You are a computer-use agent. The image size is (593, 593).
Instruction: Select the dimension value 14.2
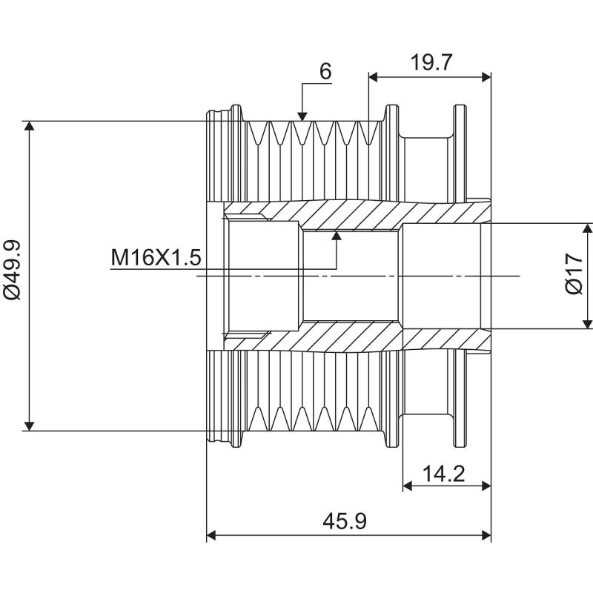445,473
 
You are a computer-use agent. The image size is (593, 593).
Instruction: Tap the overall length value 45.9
345,522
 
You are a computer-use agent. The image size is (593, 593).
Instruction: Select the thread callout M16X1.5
156,258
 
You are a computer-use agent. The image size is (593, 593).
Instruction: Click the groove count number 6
325,71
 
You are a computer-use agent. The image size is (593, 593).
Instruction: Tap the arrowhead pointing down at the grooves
302,115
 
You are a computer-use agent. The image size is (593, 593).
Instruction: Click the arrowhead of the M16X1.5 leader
337,236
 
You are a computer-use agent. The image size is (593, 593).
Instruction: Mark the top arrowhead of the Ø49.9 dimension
30,127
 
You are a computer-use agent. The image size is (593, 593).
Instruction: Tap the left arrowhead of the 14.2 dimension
408,486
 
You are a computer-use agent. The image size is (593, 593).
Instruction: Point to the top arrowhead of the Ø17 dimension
587,228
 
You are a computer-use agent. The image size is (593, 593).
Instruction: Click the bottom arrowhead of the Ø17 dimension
587,322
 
